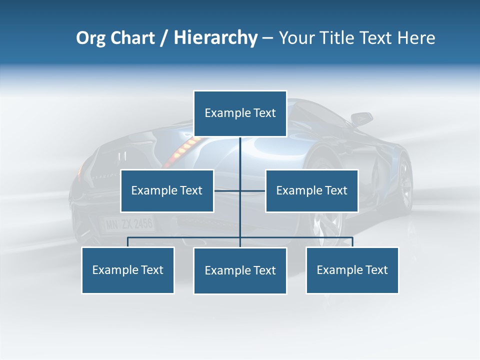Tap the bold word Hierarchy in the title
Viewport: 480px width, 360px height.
215,38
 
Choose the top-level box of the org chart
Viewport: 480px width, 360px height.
240,113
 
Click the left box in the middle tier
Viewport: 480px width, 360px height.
167,190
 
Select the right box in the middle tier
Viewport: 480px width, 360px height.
311,190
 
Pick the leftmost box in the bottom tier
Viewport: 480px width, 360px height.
128,270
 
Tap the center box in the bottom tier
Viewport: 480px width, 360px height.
240,270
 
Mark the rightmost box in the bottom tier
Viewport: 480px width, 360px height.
352,270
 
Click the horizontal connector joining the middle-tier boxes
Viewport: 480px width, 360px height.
227,190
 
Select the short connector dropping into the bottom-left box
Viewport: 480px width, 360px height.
128,242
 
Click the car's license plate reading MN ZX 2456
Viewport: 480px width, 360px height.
128,223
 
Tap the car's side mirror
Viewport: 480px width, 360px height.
361,119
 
